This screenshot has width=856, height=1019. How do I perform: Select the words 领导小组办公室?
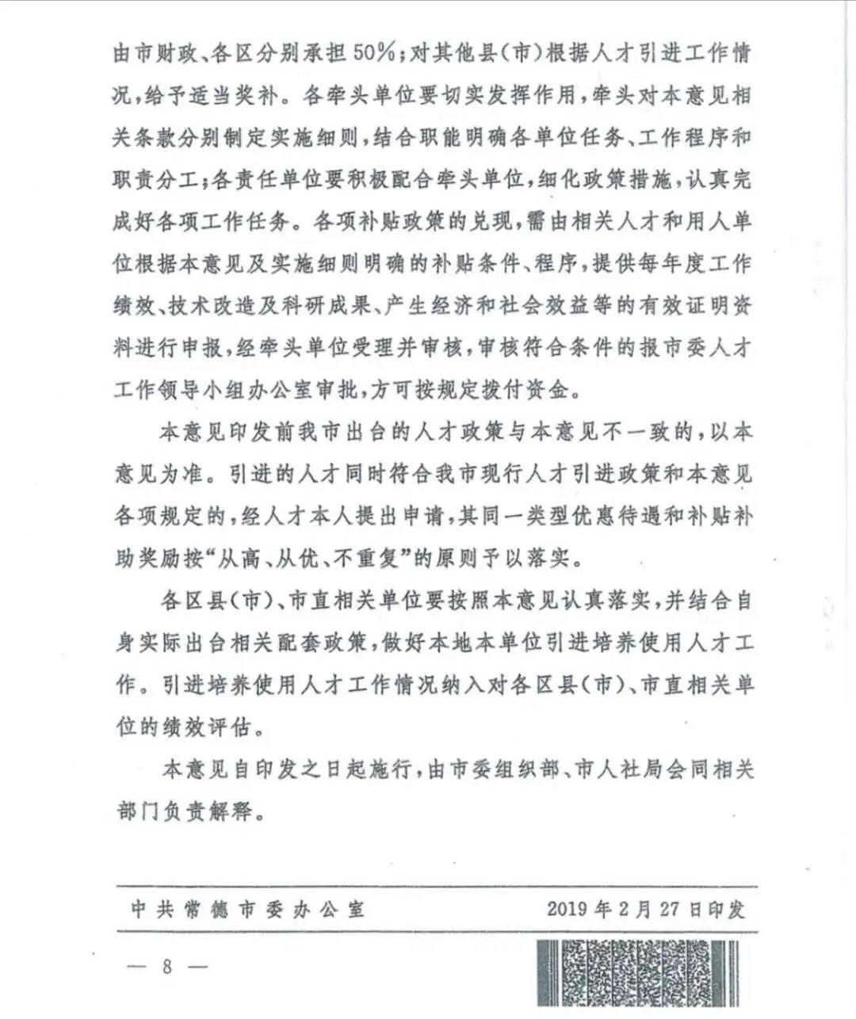point(265,390)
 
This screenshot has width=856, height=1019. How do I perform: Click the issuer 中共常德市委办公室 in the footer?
point(249,909)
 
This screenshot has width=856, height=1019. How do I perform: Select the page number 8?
point(167,967)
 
